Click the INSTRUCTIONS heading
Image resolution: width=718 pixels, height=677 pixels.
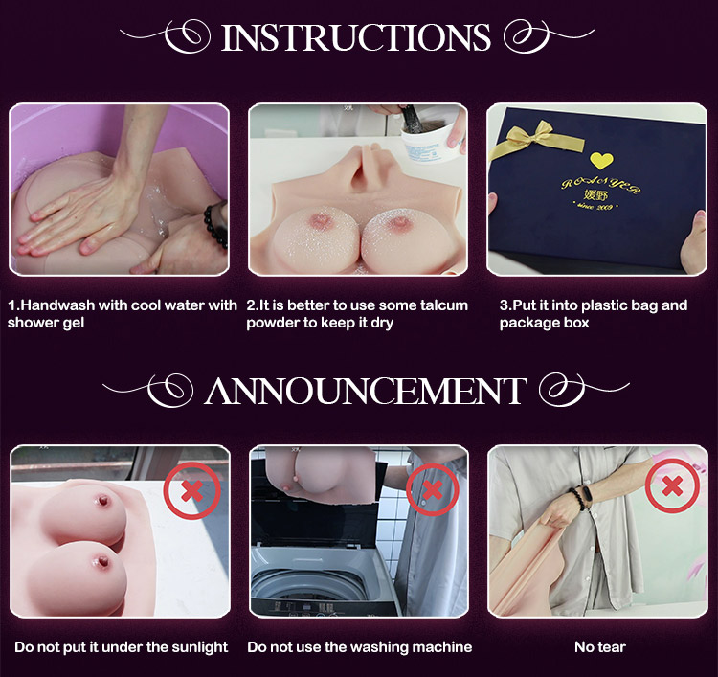tap(356, 37)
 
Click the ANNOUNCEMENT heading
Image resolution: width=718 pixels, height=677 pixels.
tap(366, 391)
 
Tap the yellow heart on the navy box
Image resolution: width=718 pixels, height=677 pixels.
tap(601, 160)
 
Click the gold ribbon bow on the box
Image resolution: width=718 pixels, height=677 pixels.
tap(538, 139)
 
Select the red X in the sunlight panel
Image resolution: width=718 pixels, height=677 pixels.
tap(192, 491)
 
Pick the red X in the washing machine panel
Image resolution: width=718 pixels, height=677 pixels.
tap(433, 489)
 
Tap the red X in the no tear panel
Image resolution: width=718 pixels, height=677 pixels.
tap(672, 485)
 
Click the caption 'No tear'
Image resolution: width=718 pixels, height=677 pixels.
tap(600, 647)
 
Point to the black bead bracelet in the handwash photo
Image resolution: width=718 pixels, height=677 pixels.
tap(215, 225)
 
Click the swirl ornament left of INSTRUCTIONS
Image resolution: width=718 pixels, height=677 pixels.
tap(164, 35)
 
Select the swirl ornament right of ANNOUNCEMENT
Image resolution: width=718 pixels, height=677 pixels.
tap(585, 390)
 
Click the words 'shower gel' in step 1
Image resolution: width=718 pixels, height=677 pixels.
tap(46, 324)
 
